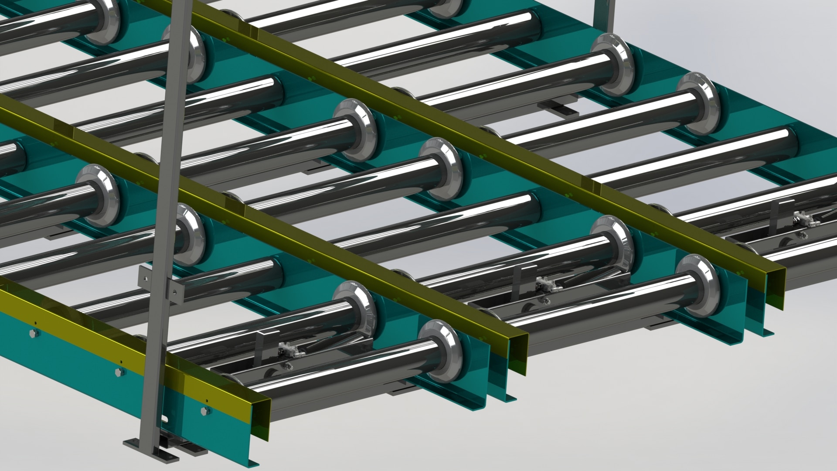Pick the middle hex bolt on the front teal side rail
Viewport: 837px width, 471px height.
(x=119, y=372)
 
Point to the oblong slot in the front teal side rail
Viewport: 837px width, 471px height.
(x=166, y=420)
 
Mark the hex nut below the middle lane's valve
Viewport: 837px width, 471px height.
(x=546, y=301)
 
